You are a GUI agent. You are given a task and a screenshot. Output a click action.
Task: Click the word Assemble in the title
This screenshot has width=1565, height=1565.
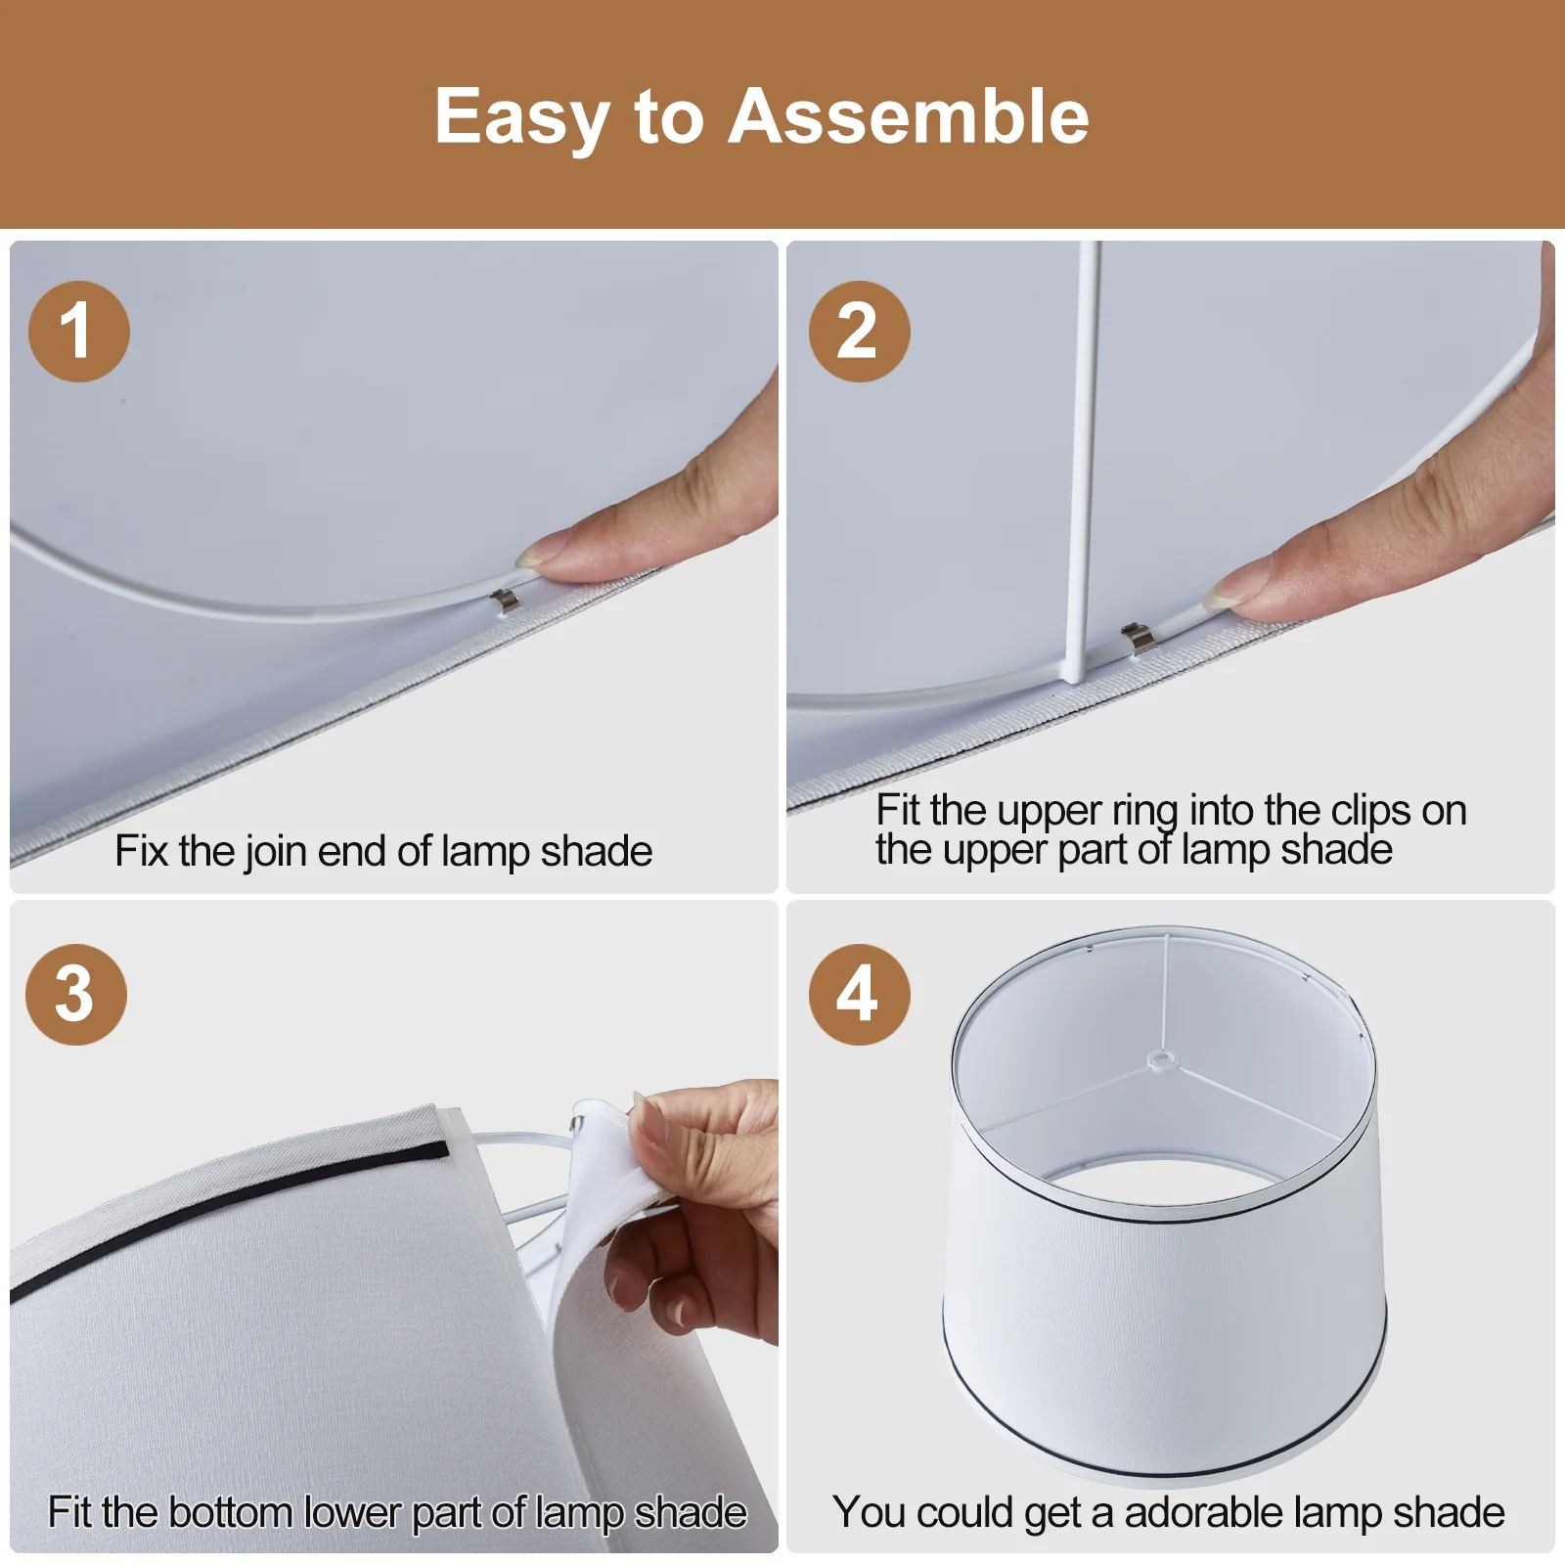909,116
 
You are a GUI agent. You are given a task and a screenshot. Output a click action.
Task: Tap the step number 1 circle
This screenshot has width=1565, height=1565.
79,331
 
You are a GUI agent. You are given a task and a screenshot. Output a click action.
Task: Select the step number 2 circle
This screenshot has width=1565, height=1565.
859,331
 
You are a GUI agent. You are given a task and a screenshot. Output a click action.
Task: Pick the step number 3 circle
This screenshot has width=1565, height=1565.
76,994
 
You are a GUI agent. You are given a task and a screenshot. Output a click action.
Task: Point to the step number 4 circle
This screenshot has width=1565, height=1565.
859,994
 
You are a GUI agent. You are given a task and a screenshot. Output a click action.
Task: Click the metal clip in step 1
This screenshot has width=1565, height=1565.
504,602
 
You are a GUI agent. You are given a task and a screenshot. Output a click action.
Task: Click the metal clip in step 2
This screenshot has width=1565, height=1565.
1138,637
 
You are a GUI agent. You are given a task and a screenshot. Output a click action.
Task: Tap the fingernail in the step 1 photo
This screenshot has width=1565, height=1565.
534,559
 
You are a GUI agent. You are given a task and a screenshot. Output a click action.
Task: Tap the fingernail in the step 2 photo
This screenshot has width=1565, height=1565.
1226,592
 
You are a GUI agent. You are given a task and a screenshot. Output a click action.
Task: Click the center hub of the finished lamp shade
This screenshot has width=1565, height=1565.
1160,1058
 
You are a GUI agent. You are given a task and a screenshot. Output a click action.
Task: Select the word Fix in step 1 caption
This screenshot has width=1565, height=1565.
141,851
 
